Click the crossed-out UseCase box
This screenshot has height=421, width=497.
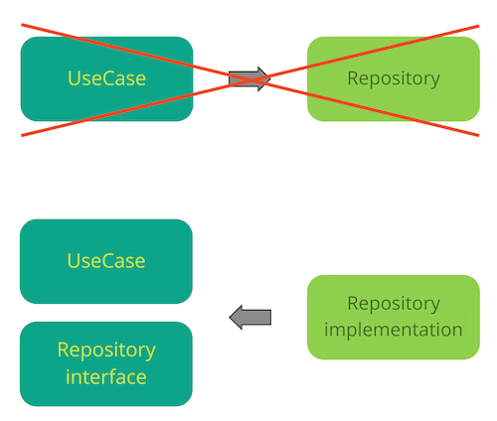click(x=106, y=78)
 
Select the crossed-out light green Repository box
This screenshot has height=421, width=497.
click(x=394, y=78)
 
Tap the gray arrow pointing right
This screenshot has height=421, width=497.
click(x=249, y=79)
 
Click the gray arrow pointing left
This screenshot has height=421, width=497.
click(x=250, y=317)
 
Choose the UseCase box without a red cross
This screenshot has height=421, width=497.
click(x=106, y=261)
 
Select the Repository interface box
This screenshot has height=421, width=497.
click(x=106, y=363)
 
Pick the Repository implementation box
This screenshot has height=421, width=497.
click(x=394, y=317)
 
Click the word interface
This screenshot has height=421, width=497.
click(x=106, y=377)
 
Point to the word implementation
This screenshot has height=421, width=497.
click(x=394, y=330)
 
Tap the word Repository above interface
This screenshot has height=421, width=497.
click(x=106, y=351)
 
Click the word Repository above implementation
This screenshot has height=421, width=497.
click(x=394, y=304)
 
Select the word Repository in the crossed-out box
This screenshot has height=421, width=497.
click(x=394, y=79)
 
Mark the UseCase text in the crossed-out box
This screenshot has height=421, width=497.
click(x=106, y=78)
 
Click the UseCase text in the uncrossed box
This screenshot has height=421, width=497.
click(x=106, y=261)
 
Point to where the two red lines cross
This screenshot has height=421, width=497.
click(x=250, y=79)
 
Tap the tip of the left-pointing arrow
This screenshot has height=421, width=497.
click(x=230, y=317)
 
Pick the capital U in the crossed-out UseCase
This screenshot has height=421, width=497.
click(x=74, y=78)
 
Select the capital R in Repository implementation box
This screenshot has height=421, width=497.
click(x=353, y=304)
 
